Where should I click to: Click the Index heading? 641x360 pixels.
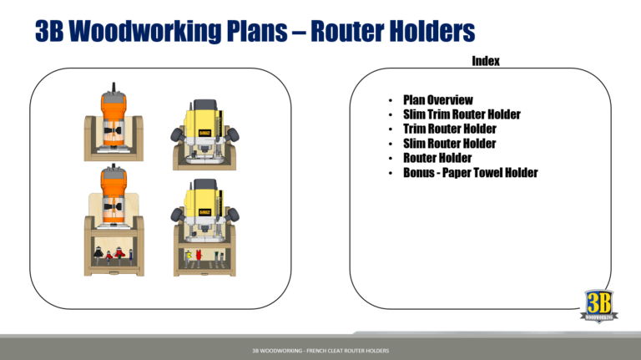[x=485, y=61]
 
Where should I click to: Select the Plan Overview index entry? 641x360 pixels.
[x=437, y=100]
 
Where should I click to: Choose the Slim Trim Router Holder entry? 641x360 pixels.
[x=462, y=114]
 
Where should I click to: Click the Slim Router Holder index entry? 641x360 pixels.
[x=449, y=144]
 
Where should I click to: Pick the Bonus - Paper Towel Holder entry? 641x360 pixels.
[x=470, y=173]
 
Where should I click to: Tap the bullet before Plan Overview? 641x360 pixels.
[x=390, y=101]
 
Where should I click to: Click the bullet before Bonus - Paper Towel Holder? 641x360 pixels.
[x=390, y=174]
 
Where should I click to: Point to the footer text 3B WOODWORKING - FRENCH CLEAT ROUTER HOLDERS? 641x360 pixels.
[x=320, y=350]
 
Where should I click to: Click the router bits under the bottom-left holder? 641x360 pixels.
[x=111, y=253]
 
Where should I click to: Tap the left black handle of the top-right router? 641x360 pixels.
[x=176, y=134]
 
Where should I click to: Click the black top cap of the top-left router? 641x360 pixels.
[x=111, y=87]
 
